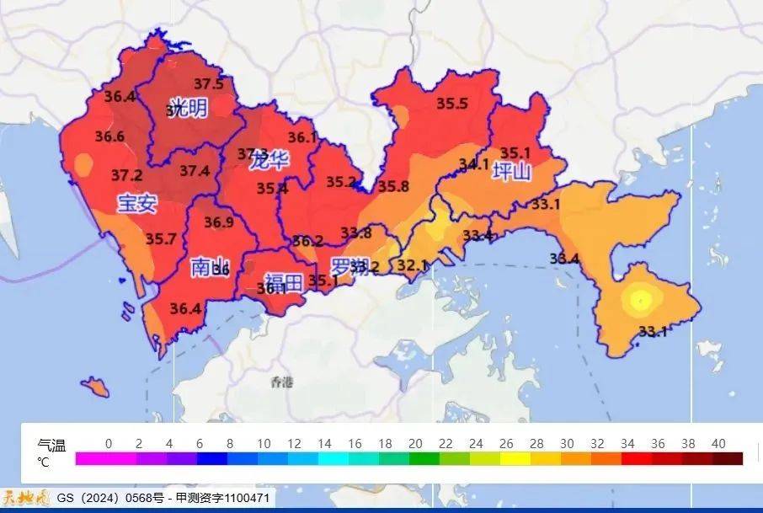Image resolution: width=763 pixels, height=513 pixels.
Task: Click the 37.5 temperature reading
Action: (208, 84)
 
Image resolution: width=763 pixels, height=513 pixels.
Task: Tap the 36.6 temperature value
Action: (109, 136)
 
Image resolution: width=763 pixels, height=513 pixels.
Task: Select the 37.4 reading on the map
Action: (195, 171)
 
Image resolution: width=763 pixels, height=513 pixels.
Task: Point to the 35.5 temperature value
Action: (451, 104)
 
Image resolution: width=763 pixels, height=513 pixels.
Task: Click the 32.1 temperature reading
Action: (412, 265)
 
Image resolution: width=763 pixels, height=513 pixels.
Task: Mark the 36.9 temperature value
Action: (218, 222)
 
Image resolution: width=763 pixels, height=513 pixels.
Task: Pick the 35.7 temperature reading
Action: (161, 239)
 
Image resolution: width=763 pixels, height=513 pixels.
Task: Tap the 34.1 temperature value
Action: (473, 164)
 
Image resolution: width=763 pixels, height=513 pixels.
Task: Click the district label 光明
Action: (187, 109)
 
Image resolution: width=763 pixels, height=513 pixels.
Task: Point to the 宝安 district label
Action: (136, 203)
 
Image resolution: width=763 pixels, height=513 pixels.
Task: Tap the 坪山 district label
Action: (512, 173)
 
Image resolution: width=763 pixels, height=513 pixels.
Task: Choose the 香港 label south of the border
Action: (282, 383)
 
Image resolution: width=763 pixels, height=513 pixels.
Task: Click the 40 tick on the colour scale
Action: (718, 444)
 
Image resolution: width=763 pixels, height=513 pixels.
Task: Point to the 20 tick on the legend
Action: (414, 444)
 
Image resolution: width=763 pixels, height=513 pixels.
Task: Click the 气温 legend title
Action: (51, 446)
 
